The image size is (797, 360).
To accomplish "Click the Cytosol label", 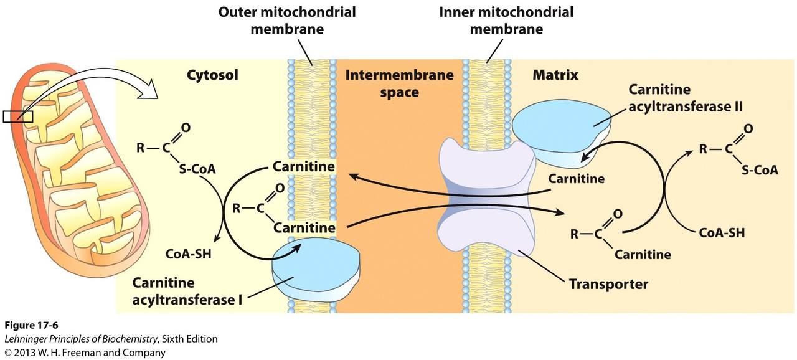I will point(212,75).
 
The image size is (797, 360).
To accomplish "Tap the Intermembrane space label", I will point(398,83).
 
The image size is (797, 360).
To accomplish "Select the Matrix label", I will point(555,75).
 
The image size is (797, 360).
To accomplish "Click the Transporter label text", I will point(608,285).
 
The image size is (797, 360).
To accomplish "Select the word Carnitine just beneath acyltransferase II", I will point(576,179).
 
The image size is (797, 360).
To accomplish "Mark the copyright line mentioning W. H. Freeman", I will point(85,353).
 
